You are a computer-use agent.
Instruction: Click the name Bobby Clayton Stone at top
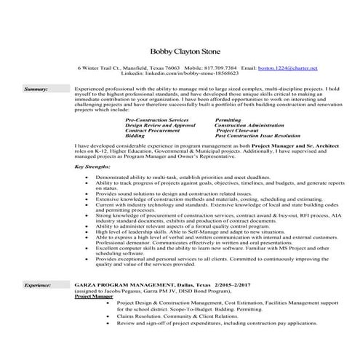tap(180, 51)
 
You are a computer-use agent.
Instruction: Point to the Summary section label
tap(36, 88)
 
